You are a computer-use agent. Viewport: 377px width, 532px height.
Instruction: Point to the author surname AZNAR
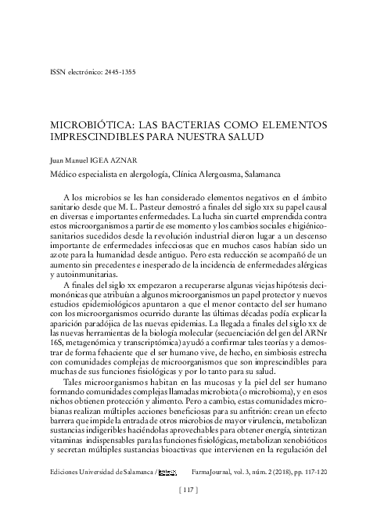(140, 157)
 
